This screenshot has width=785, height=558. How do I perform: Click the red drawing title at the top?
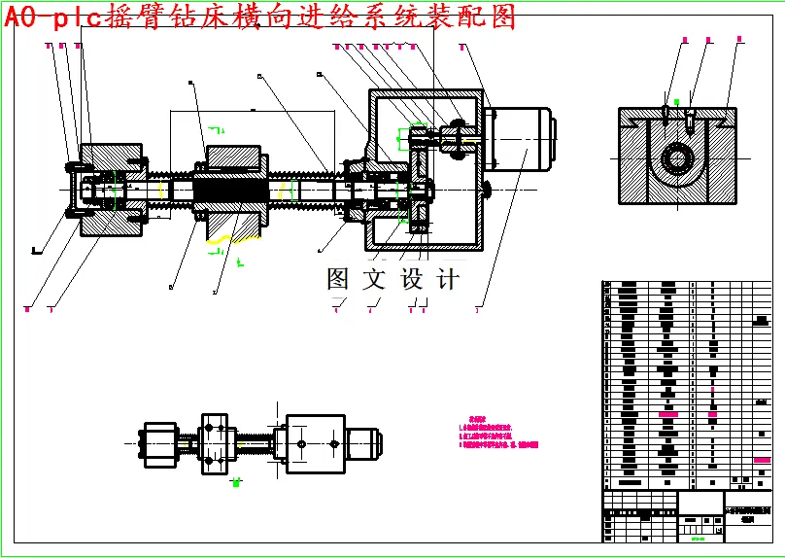[x=260, y=17]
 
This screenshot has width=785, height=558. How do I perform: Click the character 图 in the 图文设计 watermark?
[x=337, y=280]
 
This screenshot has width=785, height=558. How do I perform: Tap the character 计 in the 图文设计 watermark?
[x=448, y=280]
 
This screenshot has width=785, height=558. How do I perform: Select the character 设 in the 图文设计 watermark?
[x=412, y=280]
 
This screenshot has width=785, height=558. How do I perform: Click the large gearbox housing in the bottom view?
[x=315, y=443]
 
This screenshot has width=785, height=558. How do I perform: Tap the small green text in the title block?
[x=697, y=532]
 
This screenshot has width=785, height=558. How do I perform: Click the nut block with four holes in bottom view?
[x=218, y=444]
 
